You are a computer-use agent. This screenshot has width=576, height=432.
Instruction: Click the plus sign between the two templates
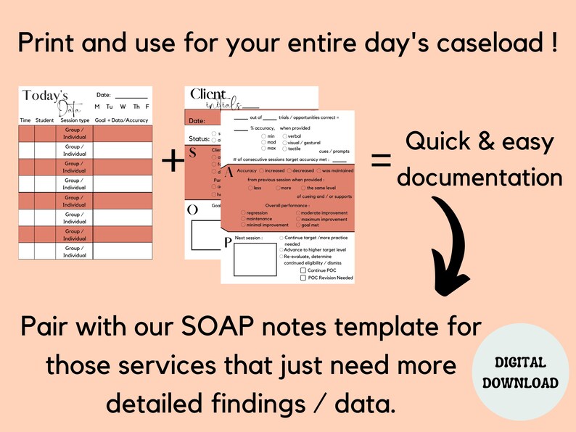click(x=173, y=161)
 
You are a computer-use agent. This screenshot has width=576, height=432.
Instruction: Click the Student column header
click(x=44, y=120)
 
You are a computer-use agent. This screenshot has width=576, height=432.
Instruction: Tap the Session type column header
click(x=75, y=120)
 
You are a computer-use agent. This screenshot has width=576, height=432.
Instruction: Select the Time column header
click(x=25, y=120)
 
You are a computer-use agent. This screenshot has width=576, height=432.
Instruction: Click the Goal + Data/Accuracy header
click(x=122, y=120)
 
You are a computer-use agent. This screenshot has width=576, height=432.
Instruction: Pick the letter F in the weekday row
click(x=147, y=107)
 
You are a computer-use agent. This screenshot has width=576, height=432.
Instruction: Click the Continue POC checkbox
click(x=303, y=270)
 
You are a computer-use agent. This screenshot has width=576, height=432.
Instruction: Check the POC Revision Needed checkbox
click(x=303, y=278)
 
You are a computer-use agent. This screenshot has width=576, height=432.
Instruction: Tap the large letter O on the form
click(x=193, y=210)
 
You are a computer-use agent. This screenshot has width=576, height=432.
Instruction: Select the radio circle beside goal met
click(x=298, y=225)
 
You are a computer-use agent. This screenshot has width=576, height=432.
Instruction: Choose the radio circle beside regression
click(x=243, y=213)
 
